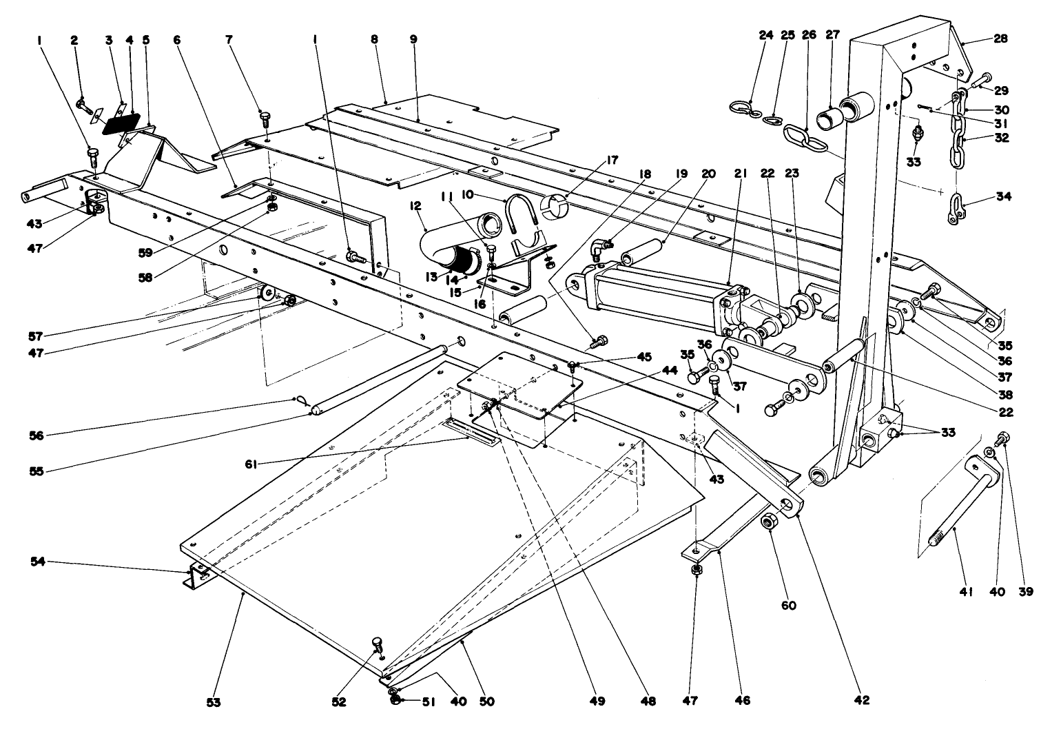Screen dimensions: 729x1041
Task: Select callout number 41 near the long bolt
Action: click(x=965, y=591)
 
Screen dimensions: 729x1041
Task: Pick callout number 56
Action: click(x=38, y=435)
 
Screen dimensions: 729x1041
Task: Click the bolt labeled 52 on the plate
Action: click(x=377, y=643)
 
